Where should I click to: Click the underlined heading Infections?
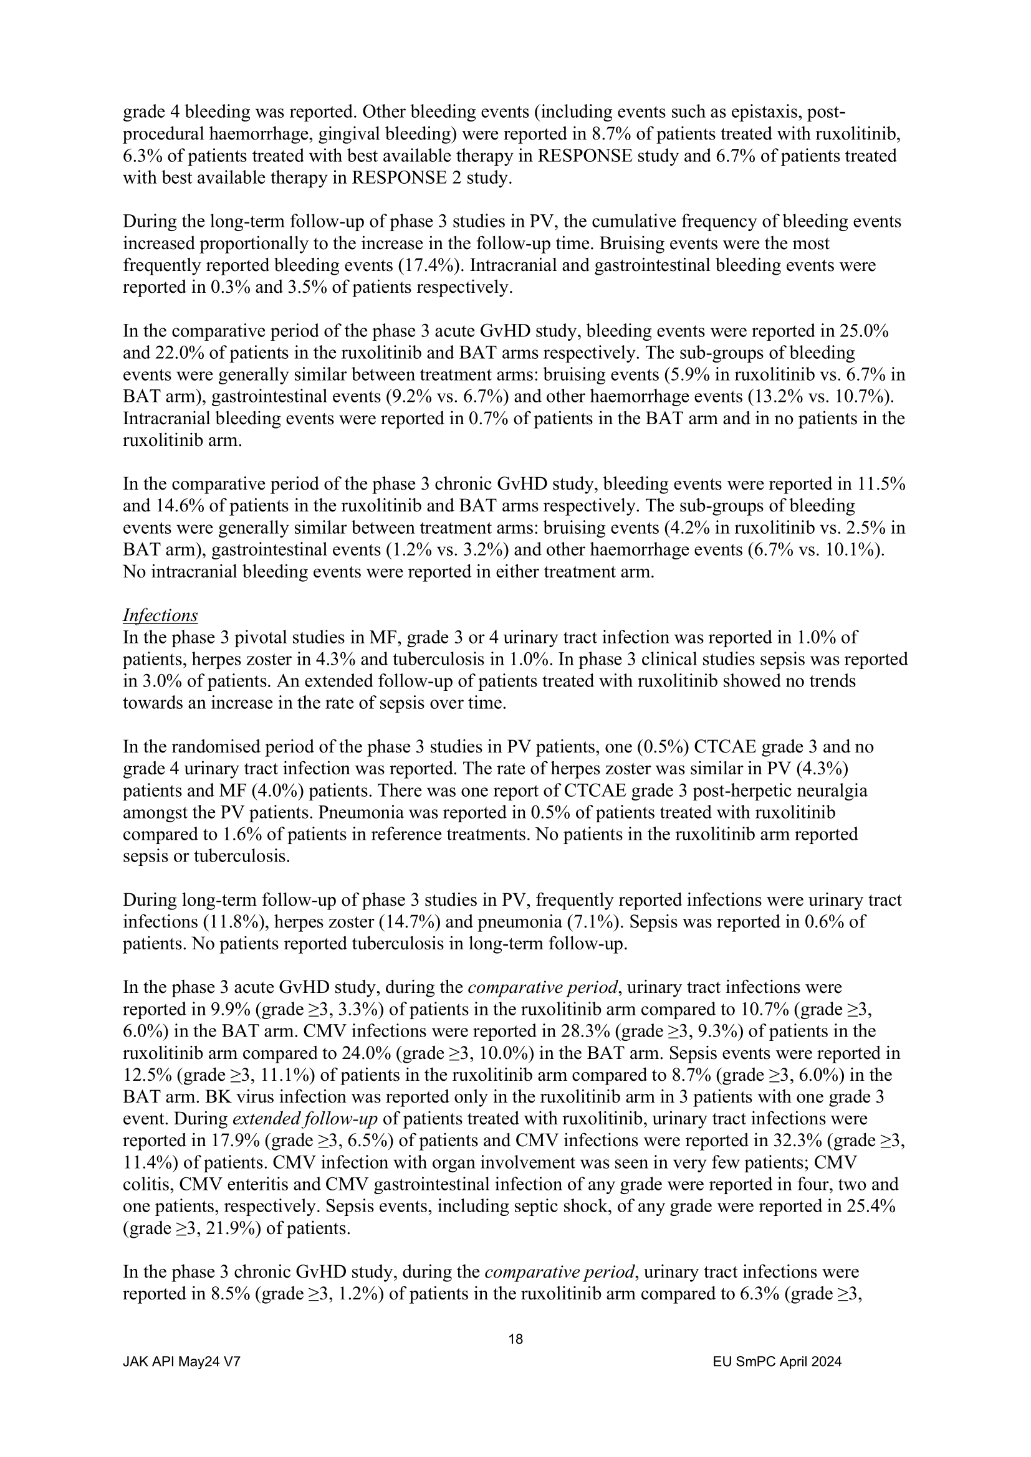click(x=160, y=615)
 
